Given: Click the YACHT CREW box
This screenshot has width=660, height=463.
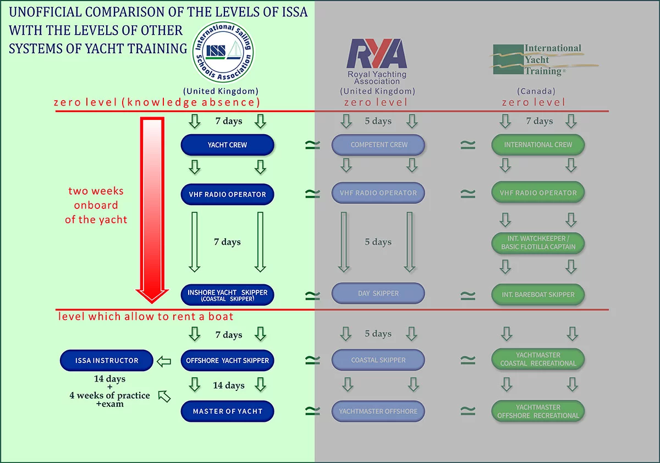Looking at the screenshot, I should (227, 145).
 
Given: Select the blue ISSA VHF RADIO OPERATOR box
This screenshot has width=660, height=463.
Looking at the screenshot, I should (227, 194).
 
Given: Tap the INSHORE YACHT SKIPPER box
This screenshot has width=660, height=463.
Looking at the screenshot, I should (227, 295).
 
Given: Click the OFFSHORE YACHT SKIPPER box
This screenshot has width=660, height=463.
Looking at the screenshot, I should (227, 361).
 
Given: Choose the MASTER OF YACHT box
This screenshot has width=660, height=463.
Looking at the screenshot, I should (227, 411).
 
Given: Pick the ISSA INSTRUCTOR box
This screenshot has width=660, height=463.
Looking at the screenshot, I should (107, 361).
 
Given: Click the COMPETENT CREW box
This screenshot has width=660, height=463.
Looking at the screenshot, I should (378, 145).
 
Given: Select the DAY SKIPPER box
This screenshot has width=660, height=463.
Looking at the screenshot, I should (378, 294).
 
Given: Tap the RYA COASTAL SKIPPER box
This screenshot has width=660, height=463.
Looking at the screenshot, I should (378, 360).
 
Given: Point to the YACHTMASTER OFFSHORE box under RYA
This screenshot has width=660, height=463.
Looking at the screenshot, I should (378, 411).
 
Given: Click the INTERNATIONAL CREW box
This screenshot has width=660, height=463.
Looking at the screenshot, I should (538, 145).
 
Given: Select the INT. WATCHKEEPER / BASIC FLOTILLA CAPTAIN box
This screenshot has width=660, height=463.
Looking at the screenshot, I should (538, 243).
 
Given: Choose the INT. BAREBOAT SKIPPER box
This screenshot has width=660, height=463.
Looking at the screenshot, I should (538, 295).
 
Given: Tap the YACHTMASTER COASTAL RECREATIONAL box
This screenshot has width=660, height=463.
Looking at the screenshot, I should (538, 360).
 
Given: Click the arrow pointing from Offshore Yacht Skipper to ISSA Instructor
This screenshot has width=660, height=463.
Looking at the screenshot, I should (164, 361).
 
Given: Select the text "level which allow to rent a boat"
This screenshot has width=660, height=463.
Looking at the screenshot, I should (146, 317).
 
